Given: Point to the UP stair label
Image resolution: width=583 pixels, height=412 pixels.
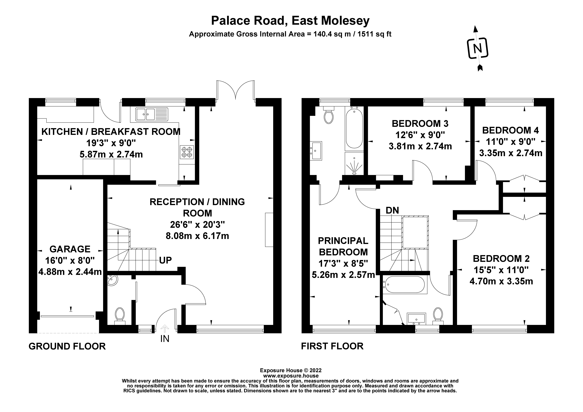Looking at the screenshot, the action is point(165,260).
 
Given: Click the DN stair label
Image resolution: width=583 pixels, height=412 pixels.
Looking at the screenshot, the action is point(392,210).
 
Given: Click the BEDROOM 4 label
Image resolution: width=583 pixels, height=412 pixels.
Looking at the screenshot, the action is point(510,130).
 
